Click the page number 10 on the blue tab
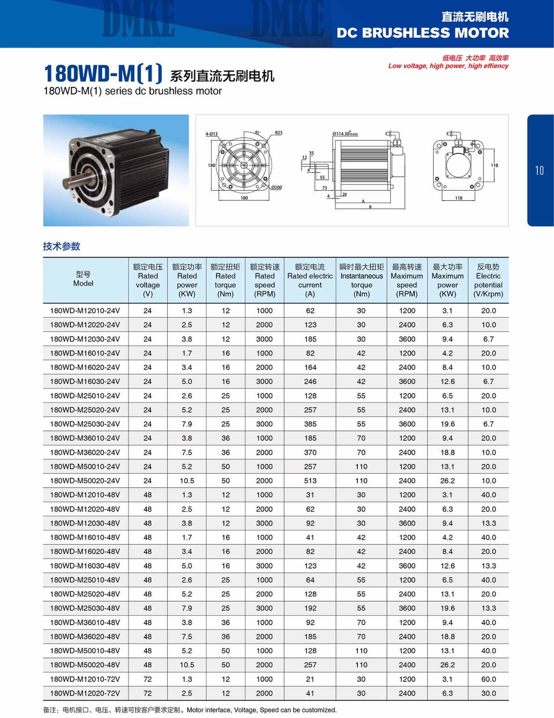(x=539, y=171)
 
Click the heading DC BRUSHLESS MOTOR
(x=422, y=33)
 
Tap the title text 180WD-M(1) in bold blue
(x=103, y=74)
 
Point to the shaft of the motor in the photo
(x=74, y=184)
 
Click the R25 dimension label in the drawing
(x=279, y=133)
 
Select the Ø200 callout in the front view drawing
(x=277, y=188)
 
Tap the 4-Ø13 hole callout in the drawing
(x=211, y=134)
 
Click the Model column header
(x=84, y=279)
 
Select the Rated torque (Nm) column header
(x=225, y=280)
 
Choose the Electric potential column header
(x=488, y=280)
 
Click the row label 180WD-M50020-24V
(x=85, y=481)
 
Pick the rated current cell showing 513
(x=310, y=481)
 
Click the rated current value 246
(x=310, y=381)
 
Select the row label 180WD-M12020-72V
(x=85, y=693)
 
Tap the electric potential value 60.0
(x=488, y=679)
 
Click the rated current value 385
(x=310, y=424)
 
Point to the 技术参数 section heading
(x=62, y=246)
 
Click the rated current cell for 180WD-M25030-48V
(x=310, y=608)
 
